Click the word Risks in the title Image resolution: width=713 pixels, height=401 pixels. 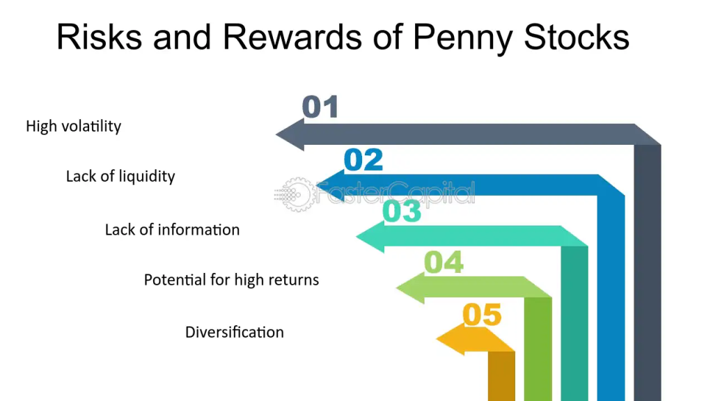coord(99,36)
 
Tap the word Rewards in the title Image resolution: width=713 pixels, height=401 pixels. coord(292,36)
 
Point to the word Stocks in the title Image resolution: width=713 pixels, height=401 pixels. coord(577,36)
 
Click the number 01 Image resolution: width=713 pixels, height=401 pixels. coord(320,107)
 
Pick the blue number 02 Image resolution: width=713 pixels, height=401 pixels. coord(363,160)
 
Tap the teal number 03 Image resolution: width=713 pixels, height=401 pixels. coord(402,211)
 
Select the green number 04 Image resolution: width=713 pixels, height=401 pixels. coord(444,262)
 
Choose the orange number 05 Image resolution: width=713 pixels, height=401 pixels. coord(482,315)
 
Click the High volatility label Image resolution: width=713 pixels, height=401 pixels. coord(74,127)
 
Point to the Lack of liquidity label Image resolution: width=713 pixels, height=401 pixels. coord(120,176)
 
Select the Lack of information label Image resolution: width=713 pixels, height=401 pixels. coord(173,230)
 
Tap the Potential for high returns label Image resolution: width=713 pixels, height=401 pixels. coord(231,280)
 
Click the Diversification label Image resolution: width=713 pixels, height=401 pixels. coord(235,332)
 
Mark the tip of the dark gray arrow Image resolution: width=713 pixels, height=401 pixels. coord(276,134)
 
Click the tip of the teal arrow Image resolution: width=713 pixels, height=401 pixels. coord(356,237)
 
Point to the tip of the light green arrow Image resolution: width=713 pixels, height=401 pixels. coord(396,288)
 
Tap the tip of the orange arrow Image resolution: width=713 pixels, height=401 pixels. coord(436,339)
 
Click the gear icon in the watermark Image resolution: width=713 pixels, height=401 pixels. coord(298,195)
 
